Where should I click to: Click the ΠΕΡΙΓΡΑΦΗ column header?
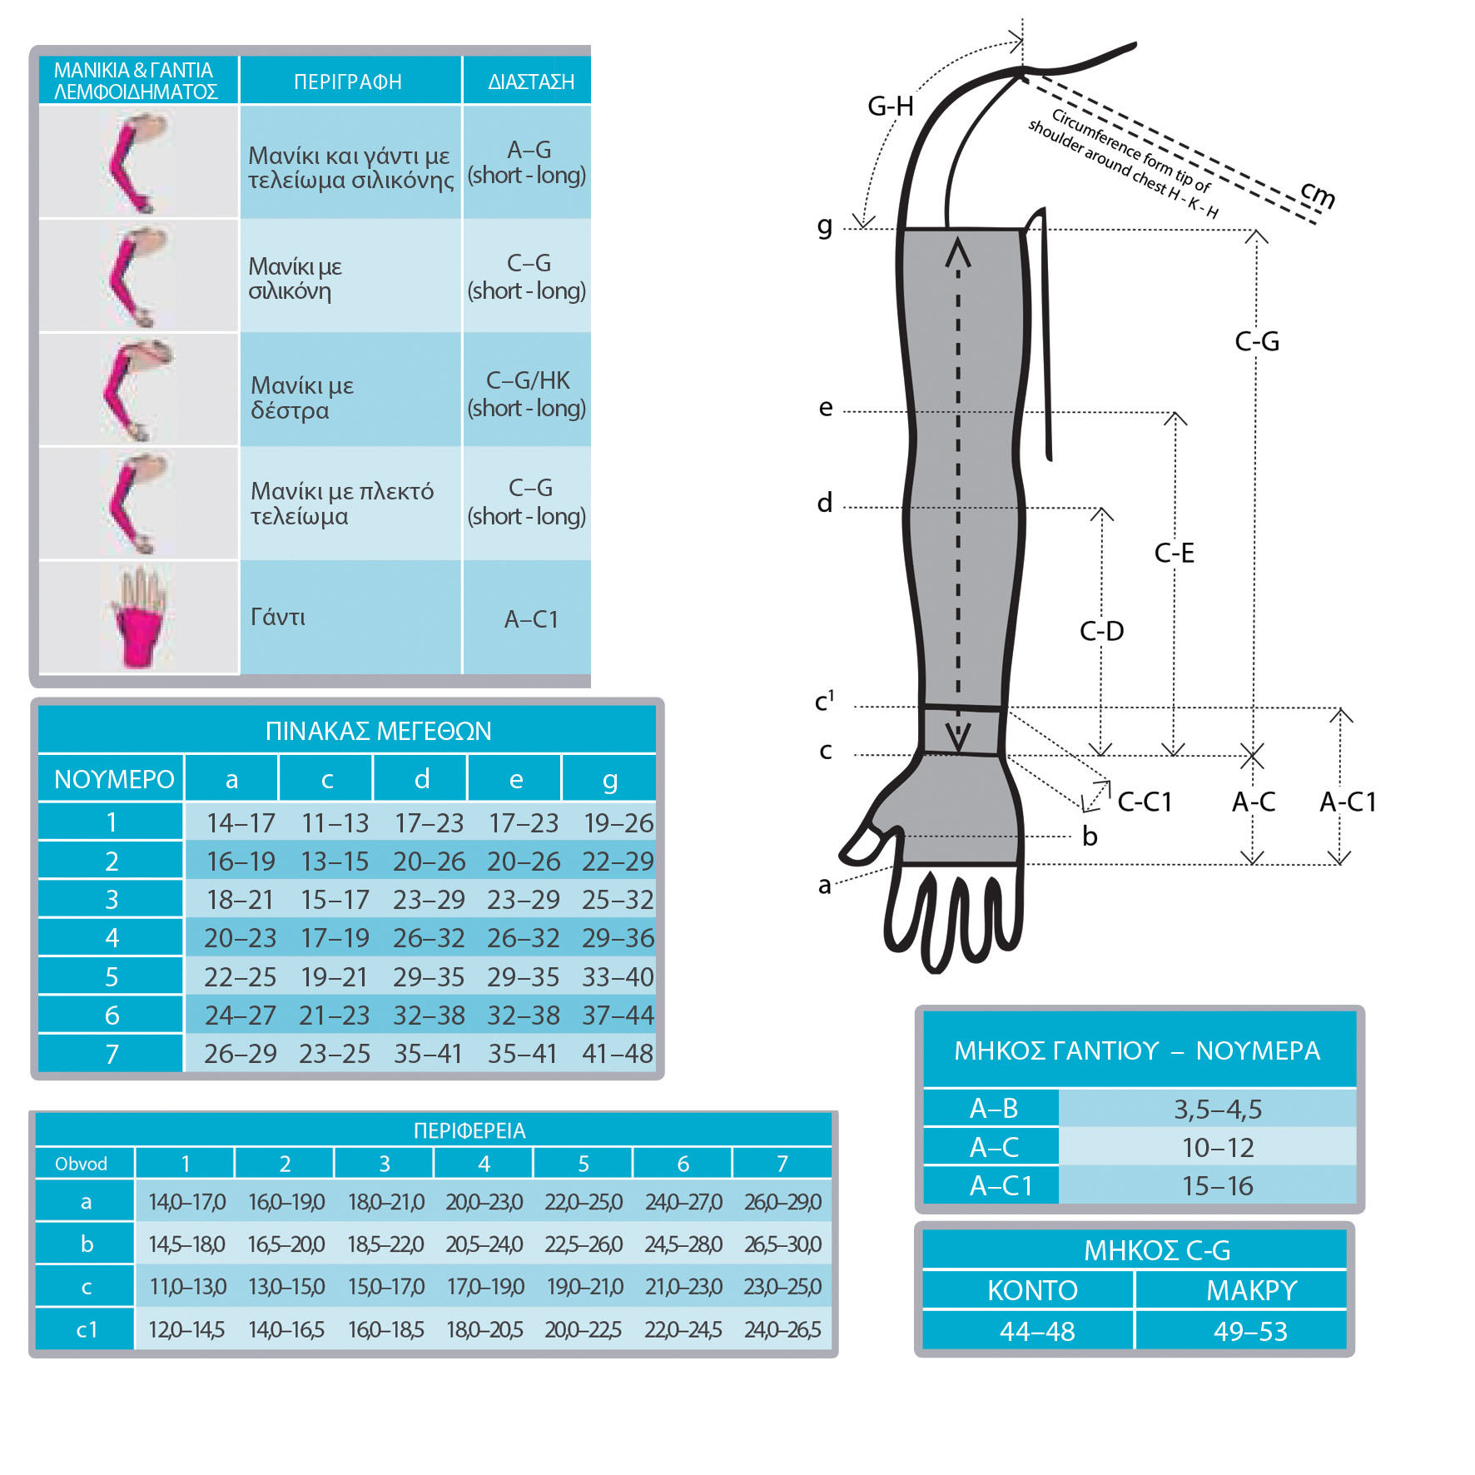(x=348, y=82)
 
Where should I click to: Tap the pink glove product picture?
(x=138, y=618)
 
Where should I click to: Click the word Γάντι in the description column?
(x=278, y=617)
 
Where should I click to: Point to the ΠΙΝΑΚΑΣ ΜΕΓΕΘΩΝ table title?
(x=378, y=731)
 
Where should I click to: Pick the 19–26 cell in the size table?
(x=618, y=823)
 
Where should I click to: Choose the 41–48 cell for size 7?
(x=618, y=1054)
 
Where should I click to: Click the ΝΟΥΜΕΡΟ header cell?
(x=113, y=779)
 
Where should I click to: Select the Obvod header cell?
(x=82, y=1164)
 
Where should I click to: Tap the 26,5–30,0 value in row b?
(x=782, y=1244)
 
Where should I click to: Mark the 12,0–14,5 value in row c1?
(x=186, y=1329)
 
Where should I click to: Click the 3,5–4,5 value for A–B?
(x=1218, y=1109)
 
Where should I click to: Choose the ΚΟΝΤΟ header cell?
(x=1032, y=1290)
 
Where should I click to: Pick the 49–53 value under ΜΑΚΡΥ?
(x=1250, y=1331)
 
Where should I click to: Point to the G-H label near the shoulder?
(x=890, y=107)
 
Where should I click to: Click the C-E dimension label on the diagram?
(x=1174, y=553)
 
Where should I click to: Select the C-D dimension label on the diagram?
(x=1101, y=631)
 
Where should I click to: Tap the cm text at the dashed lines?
(x=1319, y=195)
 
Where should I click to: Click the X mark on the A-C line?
(x=1252, y=757)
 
